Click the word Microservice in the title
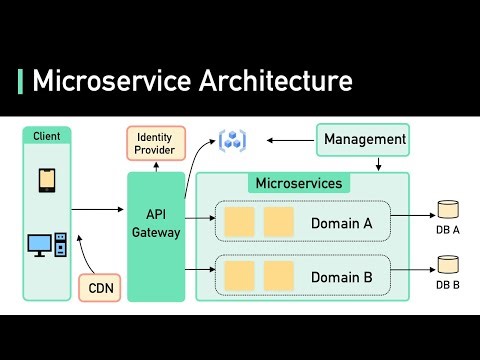(105, 81)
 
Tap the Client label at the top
(46, 136)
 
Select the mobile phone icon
(47, 179)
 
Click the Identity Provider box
(155, 143)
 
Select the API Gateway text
(156, 223)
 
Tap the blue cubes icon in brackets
(233, 140)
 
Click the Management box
(364, 140)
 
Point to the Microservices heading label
(299, 184)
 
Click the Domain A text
(341, 223)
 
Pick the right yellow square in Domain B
(278, 274)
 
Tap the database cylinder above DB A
(448, 211)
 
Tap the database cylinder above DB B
(448, 265)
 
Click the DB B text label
(448, 285)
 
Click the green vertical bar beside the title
(21, 81)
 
